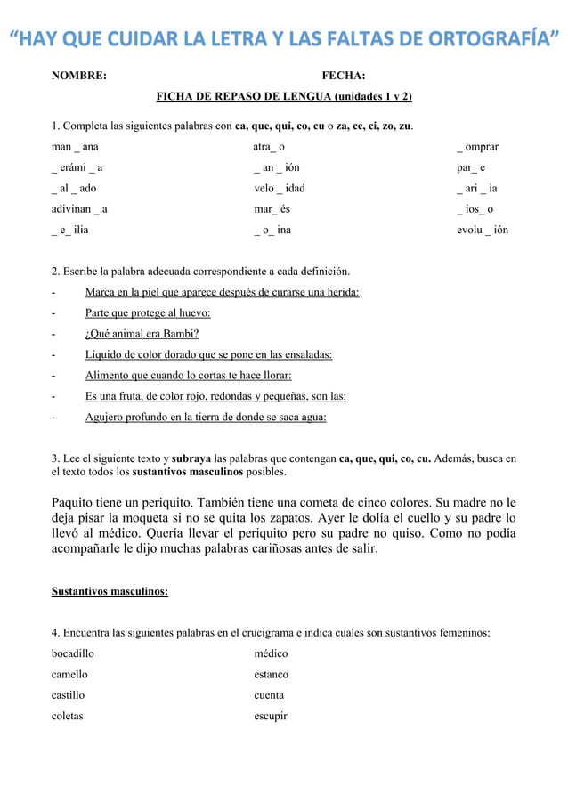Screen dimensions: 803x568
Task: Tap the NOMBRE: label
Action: click(x=79, y=77)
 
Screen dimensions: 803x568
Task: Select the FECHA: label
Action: click(x=344, y=77)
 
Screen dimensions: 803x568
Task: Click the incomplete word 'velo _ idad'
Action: click(x=280, y=188)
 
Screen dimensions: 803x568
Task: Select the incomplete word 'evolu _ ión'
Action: click(x=483, y=230)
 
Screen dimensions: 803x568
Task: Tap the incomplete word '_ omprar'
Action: click(x=477, y=146)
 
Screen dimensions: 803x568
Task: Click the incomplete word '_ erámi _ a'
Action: click(x=77, y=167)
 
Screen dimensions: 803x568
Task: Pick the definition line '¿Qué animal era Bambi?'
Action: click(x=142, y=334)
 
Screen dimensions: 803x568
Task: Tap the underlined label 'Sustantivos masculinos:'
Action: click(x=110, y=590)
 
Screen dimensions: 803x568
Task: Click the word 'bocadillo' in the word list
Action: click(x=73, y=653)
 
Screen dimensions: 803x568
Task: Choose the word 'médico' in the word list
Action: click(x=272, y=653)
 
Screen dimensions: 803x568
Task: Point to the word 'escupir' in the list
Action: click(x=271, y=716)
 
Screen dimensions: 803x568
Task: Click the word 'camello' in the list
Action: click(x=69, y=674)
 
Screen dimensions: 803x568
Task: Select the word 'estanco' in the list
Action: click(x=272, y=674)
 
